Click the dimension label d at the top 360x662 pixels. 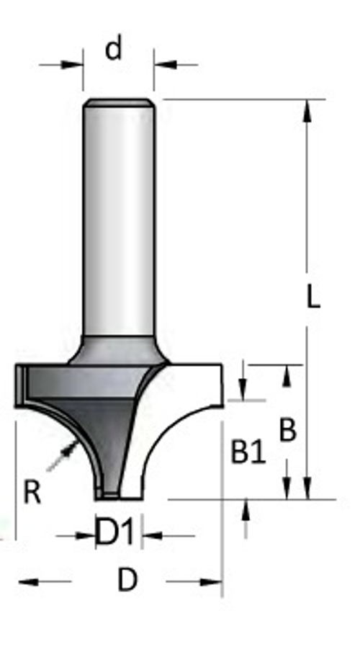(113, 49)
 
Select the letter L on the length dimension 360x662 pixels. (312, 296)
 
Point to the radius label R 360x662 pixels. (31, 493)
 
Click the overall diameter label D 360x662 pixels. (127, 580)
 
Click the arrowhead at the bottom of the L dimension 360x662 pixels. (308, 489)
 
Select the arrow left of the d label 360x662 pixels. (72, 65)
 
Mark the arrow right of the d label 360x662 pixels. (164, 65)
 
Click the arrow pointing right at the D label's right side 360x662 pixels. (210, 581)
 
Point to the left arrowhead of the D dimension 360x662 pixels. (27, 581)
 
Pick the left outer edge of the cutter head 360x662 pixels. (17, 385)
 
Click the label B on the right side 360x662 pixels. (287, 430)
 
